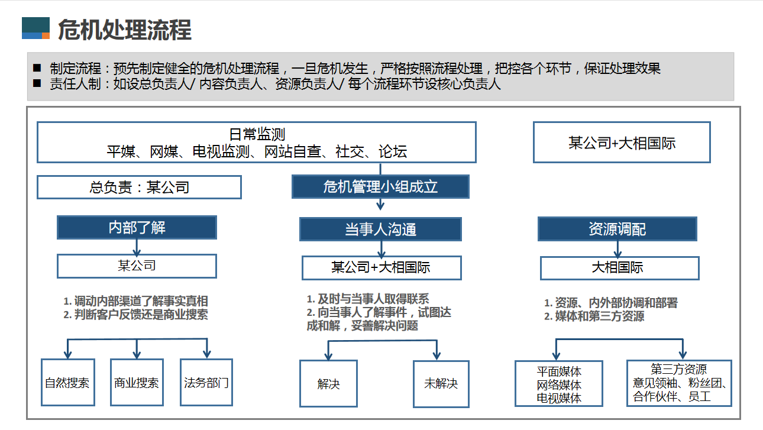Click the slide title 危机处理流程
[125, 30]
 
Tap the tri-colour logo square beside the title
[35, 28]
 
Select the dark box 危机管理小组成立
[380, 187]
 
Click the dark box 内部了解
[137, 227]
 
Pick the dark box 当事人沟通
[380, 229]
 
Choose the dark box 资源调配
[617, 229]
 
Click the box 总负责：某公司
[140, 187]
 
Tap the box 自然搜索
[68, 382]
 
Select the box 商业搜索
[137, 382]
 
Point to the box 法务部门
[206, 382]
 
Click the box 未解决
[441, 384]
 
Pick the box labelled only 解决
[328, 384]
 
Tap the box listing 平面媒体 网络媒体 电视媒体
[559, 384]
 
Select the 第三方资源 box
[679, 383]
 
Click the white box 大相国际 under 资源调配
[620, 268]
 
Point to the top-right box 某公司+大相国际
[622, 143]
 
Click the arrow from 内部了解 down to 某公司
[137, 247]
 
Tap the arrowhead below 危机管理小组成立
[380, 206]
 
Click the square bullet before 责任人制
[37, 83]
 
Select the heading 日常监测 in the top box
[257, 134]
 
